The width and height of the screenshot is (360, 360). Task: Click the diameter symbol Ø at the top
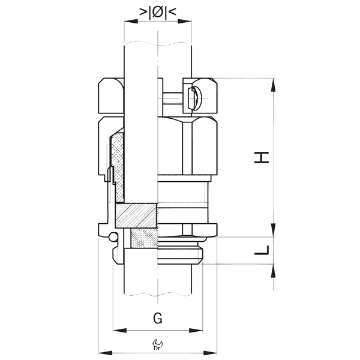tap(158, 11)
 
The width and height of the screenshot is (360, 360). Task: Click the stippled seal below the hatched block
tap(143, 238)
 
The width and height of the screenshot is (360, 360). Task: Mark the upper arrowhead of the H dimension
tap(274, 85)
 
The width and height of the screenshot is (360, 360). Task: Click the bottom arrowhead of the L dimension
tap(274, 269)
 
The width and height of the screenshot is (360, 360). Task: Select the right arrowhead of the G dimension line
tap(198, 330)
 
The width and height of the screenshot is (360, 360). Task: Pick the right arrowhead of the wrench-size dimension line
tap(213, 352)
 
